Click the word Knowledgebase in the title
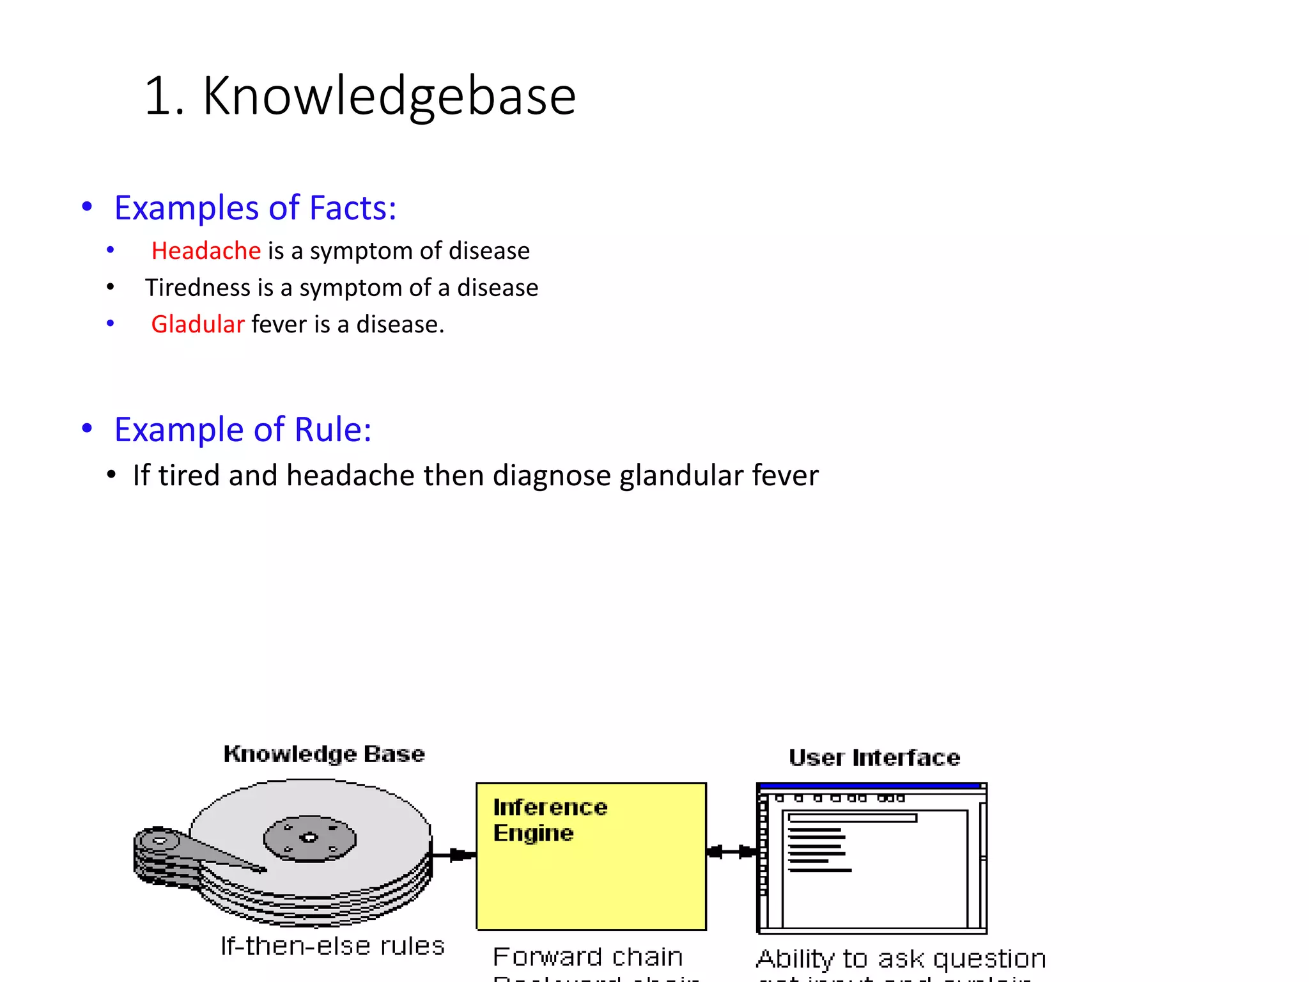389,96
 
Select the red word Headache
206,251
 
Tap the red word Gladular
198,324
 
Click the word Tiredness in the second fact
198,288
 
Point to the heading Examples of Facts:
255,208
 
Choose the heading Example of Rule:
243,429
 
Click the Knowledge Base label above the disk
324,754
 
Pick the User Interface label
874,758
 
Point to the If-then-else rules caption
332,946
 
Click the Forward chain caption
587,957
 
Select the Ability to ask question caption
901,959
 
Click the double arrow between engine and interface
731,852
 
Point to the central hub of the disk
309,838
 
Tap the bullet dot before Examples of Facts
88,207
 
